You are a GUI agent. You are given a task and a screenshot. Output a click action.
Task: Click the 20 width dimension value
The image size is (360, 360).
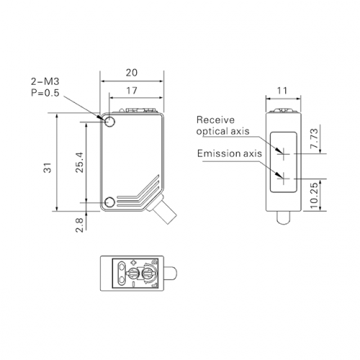click(x=132, y=73)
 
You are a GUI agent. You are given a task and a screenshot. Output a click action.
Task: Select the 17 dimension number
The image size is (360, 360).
click(x=132, y=91)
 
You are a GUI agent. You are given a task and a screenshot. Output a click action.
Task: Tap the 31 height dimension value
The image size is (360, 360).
click(x=48, y=168)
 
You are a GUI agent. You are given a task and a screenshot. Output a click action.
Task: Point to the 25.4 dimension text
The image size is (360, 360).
click(x=79, y=162)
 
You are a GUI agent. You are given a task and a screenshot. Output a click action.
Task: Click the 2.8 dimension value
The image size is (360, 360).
click(x=79, y=225)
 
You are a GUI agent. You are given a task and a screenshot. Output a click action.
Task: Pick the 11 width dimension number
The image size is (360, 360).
click(x=282, y=91)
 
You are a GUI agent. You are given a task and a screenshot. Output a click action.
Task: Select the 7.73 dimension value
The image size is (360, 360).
click(x=314, y=138)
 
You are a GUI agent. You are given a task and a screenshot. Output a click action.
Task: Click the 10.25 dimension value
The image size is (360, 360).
click(x=314, y=195)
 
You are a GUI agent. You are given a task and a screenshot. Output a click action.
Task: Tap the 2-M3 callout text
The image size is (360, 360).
click(x=45, y=81)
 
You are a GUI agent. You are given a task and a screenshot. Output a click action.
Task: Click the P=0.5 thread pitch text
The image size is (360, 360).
click(x=45, y=93)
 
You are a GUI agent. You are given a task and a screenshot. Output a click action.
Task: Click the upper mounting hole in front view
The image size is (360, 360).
click(x=110, y=122)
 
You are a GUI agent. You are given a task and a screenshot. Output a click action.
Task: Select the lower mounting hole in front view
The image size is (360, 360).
click(x=110, y=202)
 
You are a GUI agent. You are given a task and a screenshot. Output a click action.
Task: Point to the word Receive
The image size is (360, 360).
click(x=215, y=120)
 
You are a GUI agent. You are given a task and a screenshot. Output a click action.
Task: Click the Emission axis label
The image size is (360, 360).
click(x=230, y=153)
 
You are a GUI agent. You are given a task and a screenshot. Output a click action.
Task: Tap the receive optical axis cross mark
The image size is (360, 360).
click(x=284, y=153)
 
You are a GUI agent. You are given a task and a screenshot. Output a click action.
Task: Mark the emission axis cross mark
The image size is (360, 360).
click(x=284, y=179)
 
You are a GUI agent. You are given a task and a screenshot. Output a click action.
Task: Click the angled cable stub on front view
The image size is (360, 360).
click(x=163, y=210)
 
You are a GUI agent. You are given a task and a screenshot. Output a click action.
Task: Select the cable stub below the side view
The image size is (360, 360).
click(x=284, y=217)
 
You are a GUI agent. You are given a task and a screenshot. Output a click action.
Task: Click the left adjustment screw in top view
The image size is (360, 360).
click(x=133, y=274)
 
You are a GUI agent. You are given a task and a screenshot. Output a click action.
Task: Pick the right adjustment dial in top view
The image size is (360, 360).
click(x=148, y=274)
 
